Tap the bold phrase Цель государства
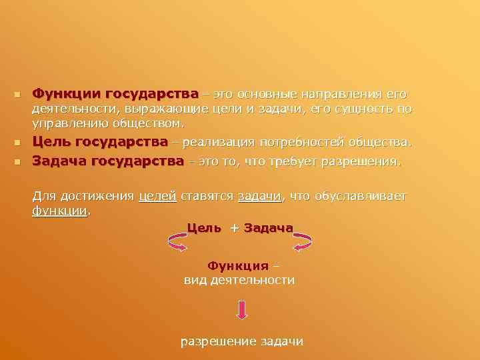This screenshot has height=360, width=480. (100, 142)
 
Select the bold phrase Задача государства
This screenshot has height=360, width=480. (107, 161)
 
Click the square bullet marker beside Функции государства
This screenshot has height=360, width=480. (18, 95)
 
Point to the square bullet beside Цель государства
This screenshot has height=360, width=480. (18, 143)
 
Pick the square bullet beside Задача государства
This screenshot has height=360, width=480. (18, 161)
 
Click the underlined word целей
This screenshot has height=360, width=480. (157, 196)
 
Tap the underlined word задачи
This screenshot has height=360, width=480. (260, 196)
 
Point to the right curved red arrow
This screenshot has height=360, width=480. (303, 242)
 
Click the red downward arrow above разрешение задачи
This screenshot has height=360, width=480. (241, 309)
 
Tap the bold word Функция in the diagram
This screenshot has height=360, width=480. (237, 266)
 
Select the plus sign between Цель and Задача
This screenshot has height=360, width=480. (234, 228)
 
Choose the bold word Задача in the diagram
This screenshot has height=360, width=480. (269, 227)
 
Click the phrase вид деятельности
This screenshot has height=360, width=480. (239, 280)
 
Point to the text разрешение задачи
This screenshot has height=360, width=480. (241, 341)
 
